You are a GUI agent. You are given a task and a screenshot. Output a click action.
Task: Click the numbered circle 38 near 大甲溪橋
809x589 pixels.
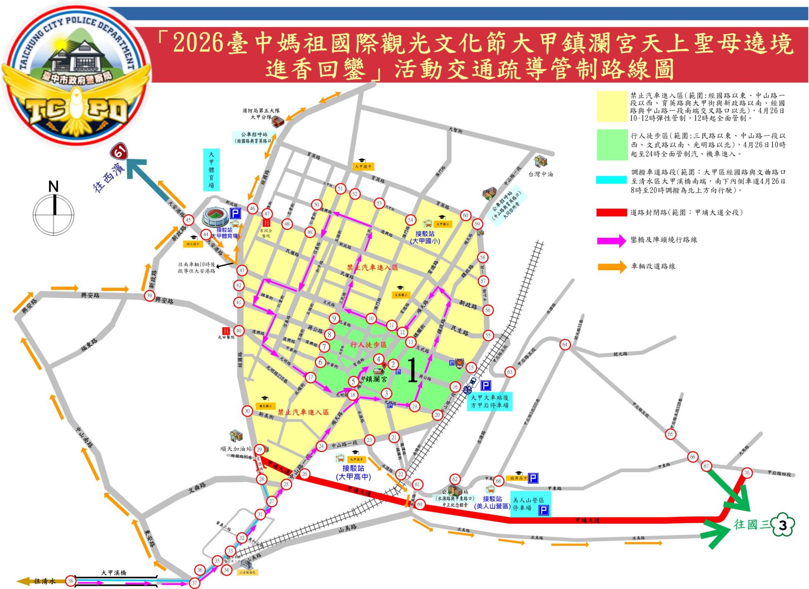71,581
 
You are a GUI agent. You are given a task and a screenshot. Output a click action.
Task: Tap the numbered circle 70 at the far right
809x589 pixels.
747,473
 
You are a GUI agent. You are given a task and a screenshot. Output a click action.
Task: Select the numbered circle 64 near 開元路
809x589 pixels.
565,345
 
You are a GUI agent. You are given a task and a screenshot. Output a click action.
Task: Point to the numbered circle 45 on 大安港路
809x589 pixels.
188,220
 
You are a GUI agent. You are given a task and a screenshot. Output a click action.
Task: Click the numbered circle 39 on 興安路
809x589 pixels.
149,296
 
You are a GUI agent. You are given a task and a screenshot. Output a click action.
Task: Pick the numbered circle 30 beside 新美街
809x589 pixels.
247,411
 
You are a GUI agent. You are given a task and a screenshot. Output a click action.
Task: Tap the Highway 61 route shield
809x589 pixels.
120,152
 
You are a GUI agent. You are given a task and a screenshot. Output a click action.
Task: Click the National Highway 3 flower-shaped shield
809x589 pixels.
782,525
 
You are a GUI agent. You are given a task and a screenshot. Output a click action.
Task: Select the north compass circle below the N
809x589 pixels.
54,215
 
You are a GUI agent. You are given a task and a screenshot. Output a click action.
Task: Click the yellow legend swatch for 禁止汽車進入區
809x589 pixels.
612,107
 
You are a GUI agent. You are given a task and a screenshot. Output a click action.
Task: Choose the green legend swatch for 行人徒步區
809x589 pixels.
612,145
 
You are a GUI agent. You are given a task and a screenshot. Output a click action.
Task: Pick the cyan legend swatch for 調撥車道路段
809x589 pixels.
612,180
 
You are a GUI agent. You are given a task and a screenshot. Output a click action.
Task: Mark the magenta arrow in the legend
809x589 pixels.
611,241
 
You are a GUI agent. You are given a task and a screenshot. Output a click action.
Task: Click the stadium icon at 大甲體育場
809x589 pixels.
215,217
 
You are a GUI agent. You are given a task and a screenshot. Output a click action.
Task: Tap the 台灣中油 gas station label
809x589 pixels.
541,174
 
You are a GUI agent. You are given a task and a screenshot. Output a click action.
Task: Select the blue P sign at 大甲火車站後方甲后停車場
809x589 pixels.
486,385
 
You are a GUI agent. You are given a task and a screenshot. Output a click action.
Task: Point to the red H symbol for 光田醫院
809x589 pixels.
226,331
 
